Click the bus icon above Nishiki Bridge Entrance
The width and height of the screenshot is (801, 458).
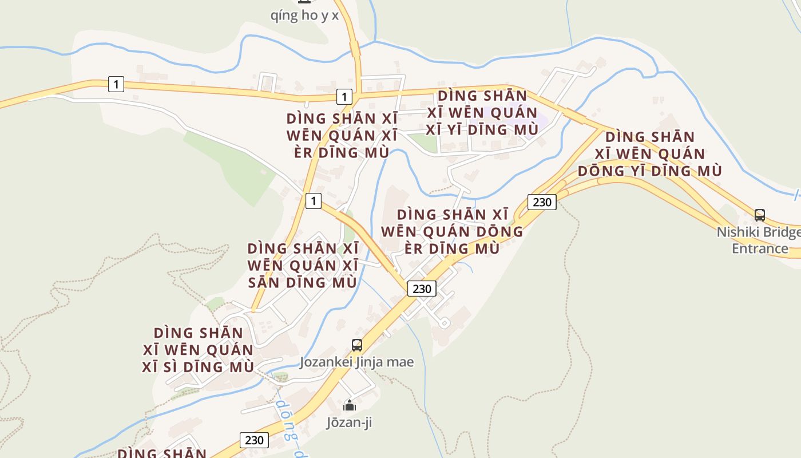pos(760,215)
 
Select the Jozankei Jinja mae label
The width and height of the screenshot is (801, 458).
pos(356,362)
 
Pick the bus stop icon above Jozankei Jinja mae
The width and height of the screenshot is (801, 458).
pos(357,345)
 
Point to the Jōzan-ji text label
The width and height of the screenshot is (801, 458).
pos(349,423)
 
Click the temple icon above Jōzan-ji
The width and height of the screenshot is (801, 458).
pos(349,406)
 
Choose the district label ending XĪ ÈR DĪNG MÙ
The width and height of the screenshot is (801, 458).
pos(342,136)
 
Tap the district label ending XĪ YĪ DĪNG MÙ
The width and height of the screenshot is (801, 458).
pos(482,112)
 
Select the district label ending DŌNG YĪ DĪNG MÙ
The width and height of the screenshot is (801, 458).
pos(649,153)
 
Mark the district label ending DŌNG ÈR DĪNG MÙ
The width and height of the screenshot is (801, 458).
pos(452,231)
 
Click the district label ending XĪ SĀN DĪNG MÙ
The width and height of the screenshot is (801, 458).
pos(303,266)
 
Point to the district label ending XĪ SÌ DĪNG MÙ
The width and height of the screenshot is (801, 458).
pos(198,349)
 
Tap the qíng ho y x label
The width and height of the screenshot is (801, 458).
pos(304,15)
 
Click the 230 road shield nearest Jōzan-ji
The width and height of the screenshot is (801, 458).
pos(254,440)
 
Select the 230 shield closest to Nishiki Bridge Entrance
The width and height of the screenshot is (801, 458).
pos(541,202)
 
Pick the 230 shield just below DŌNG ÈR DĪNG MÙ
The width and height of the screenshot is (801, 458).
pos(422,289)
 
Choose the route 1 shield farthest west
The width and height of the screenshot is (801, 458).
pos(116,85)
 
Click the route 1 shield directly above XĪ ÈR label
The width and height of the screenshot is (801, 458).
pos(343,97)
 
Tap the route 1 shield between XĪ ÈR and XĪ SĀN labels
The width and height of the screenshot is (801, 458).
pos(313,201)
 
